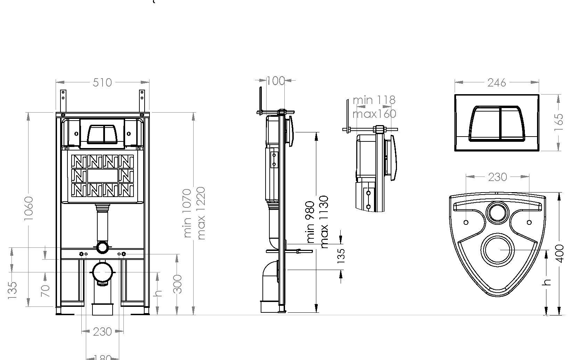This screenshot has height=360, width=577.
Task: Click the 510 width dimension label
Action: (x=102, y=82)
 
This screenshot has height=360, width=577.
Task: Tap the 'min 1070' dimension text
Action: (x=187, y=213)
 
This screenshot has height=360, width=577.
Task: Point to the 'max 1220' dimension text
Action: (x=201, y=213)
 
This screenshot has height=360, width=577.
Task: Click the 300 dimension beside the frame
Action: (x=177, y=284)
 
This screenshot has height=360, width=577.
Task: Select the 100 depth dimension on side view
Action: (x=276, y=81)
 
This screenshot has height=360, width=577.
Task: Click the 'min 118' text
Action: (x=374, y=100)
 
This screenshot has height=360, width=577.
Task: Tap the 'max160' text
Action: (x=374, y=114)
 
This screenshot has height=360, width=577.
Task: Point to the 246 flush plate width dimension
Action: (x=496, y=82)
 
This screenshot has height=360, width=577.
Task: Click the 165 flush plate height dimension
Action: (x=559, y=122)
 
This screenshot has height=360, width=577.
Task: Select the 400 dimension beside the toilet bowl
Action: (x=560, y=254)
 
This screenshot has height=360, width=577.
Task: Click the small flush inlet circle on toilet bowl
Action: (x=497, y=212)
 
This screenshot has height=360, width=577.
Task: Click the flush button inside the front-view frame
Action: (x=102, y=134)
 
